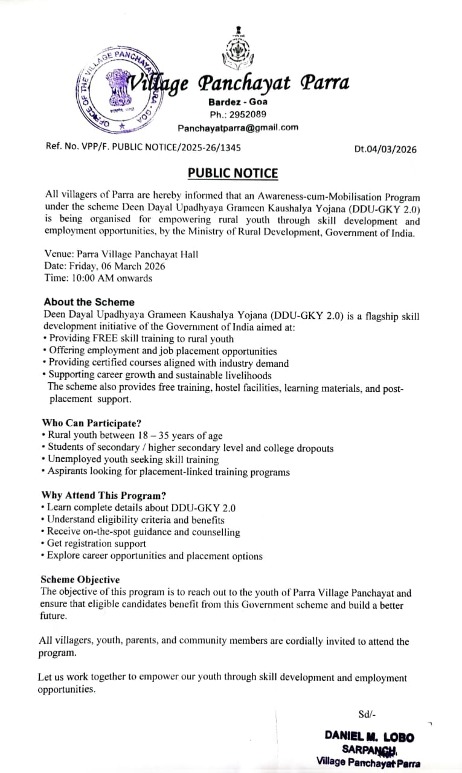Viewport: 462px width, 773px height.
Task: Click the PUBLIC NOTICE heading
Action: [233, 173]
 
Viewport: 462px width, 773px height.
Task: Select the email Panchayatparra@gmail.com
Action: [237, 127]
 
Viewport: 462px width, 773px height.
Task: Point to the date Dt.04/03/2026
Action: [385, 149]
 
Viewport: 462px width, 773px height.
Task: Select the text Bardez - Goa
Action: [237, 101]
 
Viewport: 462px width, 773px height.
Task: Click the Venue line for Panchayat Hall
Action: [121, 254]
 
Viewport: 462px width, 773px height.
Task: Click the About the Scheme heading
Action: [89, 302]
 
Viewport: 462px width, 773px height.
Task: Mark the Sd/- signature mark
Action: [367, 714]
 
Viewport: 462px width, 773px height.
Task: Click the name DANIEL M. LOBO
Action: [369, 736]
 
